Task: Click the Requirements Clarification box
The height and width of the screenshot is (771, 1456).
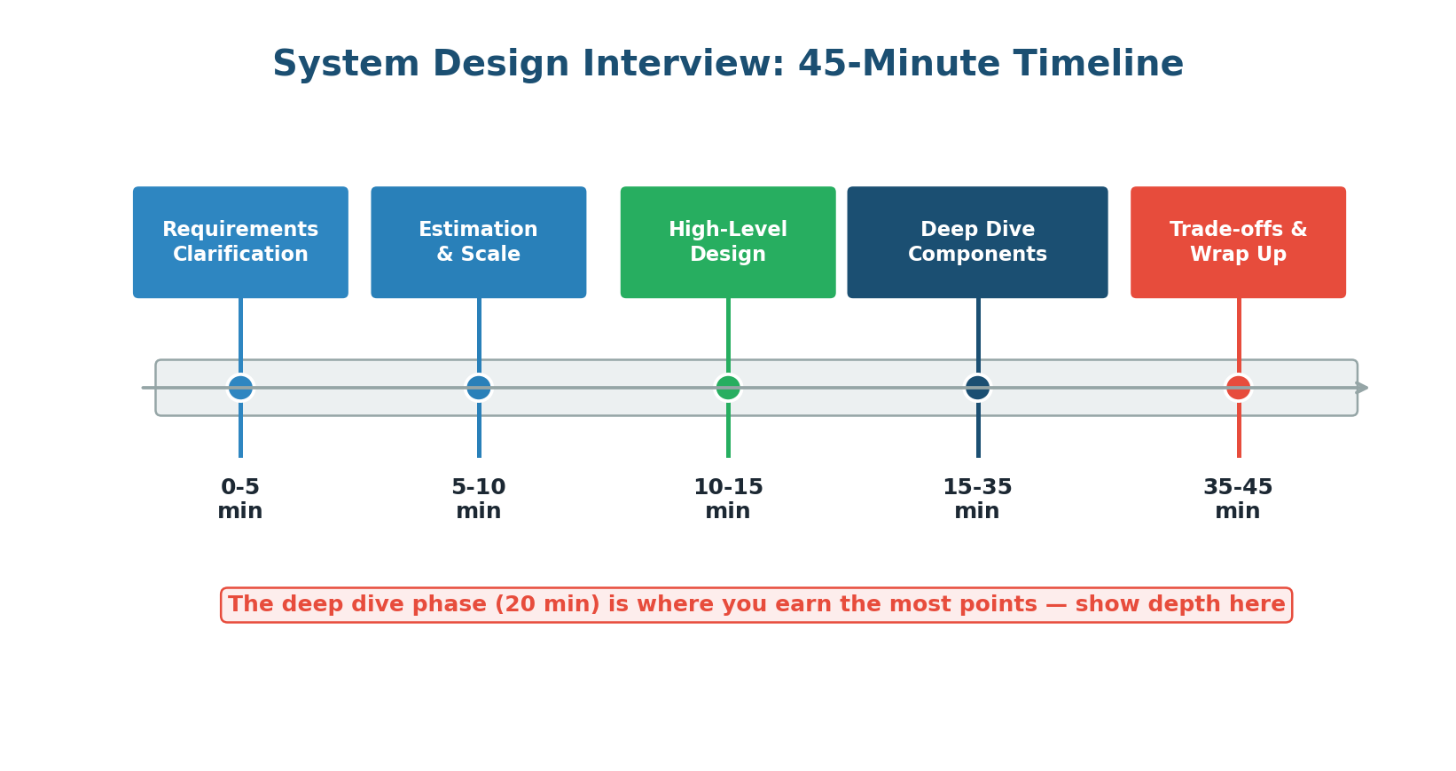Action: click(240, 242)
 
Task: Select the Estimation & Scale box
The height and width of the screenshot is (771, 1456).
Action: click(479, 242)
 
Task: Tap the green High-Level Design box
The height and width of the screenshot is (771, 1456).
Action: click(728, 242)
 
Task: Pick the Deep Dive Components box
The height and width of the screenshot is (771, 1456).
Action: click(977, 242)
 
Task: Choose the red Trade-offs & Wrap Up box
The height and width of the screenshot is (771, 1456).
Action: click(1238, 242)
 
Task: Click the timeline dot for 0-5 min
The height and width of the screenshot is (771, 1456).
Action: click(240, 388)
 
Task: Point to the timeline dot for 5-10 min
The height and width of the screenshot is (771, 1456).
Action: click(479, 388)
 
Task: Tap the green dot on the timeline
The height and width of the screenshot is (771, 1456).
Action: click(728, 388)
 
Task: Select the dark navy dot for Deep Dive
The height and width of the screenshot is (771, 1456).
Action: click(977, 388)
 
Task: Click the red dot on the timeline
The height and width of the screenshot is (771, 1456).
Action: click(1238, 388)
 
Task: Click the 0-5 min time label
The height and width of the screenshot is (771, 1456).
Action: click(240, 500)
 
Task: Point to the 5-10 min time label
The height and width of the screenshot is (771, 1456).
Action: click(479, 500)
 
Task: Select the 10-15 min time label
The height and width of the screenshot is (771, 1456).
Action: click(728, 500)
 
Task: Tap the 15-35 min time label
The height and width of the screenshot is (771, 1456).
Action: click(977, 500)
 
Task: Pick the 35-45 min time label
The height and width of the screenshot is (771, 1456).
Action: click(1238, 500)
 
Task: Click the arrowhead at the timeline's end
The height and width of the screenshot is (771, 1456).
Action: click(1363, 388)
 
